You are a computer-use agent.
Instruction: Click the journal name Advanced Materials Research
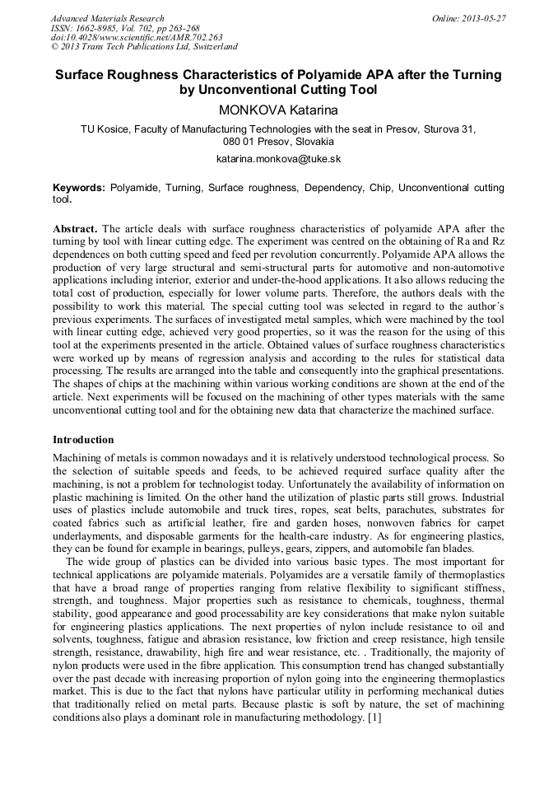click(x=107, y=18)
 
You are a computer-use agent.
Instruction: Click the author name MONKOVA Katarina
click(x=278, y=110)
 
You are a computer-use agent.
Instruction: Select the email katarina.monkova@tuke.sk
click(x=278, y=158)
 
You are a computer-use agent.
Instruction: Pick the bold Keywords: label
click(x=79, y=188)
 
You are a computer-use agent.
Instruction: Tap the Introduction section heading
click(x=83, y=439)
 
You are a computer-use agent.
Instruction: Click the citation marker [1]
click(x=374, y=718)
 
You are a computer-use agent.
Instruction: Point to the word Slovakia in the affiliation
click(x=309, y=142)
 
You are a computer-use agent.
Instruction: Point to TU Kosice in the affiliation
click(x=105, y=129)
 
